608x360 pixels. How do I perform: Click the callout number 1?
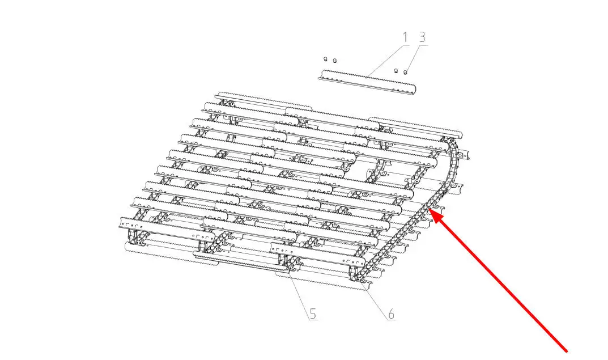coord(405,37)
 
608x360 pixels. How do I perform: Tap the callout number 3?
coord(422,37)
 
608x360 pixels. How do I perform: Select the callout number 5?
coord(313,314)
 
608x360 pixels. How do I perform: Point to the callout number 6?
coord(391,314)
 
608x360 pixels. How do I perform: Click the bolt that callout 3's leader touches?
coord(406,72)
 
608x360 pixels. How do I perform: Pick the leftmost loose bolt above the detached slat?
coord(326,59)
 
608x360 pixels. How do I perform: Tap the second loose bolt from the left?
coord(335,61)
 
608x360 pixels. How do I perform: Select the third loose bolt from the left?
coord(396,71)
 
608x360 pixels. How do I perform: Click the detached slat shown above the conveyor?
coord(367,82)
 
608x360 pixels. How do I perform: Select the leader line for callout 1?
coord(388,60)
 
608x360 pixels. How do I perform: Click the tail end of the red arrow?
coord(567,351)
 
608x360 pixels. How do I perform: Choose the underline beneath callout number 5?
coord(314,320)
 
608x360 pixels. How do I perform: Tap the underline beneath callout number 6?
coord(392,320)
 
